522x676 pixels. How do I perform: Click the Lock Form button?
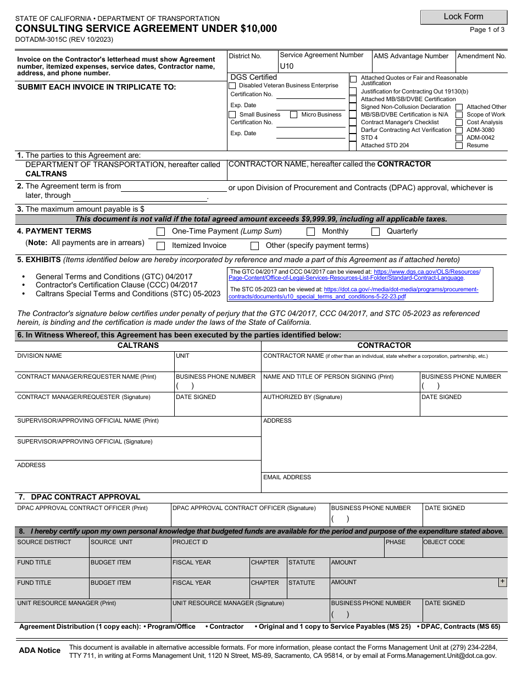[463, 17]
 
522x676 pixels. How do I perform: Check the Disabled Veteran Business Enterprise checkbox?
[232, 86]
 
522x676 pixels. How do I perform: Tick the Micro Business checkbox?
[294, 115]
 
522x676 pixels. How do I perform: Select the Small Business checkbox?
[232, 115]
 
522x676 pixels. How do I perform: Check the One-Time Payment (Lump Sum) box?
[161, 232]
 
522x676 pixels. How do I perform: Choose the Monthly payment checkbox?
[310, 232]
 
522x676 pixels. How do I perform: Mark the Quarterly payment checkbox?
[376, 232]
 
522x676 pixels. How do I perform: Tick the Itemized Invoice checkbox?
[161, 246]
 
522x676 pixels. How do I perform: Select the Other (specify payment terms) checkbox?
[254, 246]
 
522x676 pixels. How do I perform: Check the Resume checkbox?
[459, 146]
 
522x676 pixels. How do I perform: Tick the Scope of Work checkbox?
[459, 115]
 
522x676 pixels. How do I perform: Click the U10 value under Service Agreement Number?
[287, 67]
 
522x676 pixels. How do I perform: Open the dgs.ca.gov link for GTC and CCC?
[354, 275]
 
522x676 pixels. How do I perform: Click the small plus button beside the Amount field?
[502, 583]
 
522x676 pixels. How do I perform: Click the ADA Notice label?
[40, 651]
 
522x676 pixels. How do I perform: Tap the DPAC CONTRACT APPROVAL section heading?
[85, 497]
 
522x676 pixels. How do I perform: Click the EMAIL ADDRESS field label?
[287, 478]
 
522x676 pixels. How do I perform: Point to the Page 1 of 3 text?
[487, 30]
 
